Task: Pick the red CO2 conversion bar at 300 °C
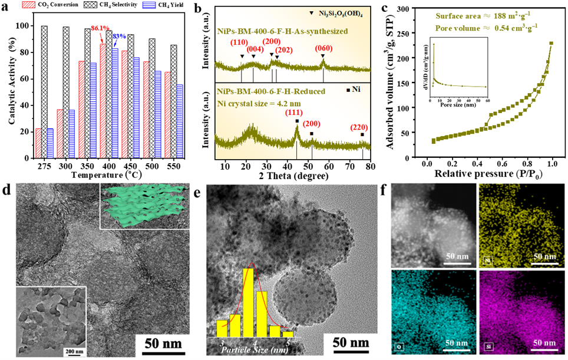coord(60,134)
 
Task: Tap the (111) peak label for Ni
coord(296,113)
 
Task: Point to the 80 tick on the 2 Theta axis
coord(370,166)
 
